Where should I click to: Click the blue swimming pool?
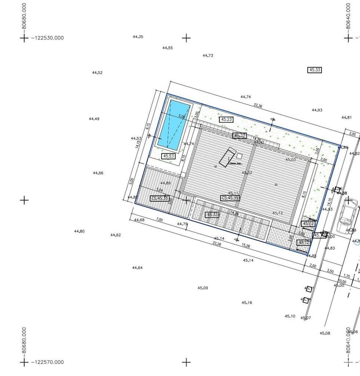pos(174,125)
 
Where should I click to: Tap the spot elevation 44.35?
pos(138,37)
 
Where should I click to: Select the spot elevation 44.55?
pos(168,48)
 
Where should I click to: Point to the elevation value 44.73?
pos(208,56)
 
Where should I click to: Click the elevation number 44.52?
pos(97,73)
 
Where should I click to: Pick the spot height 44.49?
pos(94,119)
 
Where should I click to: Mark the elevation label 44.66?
pos(98,173)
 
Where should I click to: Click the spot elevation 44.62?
pos(116,235)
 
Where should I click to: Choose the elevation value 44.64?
pos(137,268)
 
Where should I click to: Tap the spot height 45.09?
pos(203,288)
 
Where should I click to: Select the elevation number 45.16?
pos(247,303)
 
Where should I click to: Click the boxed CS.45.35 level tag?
pos(160,198)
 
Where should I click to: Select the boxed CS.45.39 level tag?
pos(230,198)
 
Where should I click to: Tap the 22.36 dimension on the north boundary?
pos(258,106)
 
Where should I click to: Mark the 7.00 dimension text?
pos(159,220)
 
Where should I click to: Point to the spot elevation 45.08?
pos(325,333)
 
